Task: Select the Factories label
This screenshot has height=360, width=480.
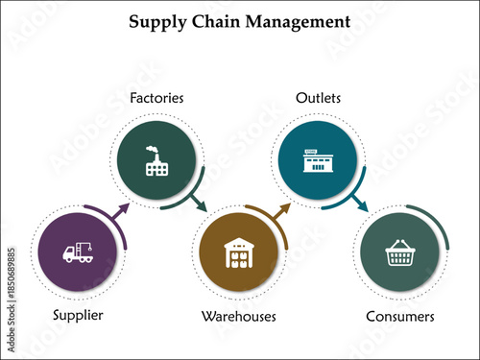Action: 156,98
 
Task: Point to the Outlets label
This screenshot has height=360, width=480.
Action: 319,98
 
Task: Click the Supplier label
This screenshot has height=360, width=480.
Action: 79,315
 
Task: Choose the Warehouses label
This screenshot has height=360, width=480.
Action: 239,315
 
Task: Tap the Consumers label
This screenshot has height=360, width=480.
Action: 400,315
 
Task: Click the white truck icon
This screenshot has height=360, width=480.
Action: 78,253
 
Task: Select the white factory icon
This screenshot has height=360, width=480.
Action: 156,160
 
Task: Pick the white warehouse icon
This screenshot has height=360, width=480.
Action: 239,253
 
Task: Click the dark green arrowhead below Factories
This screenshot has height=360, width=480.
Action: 200,204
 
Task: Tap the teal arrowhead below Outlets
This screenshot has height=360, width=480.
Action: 362,204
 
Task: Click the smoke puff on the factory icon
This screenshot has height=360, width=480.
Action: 151,149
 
